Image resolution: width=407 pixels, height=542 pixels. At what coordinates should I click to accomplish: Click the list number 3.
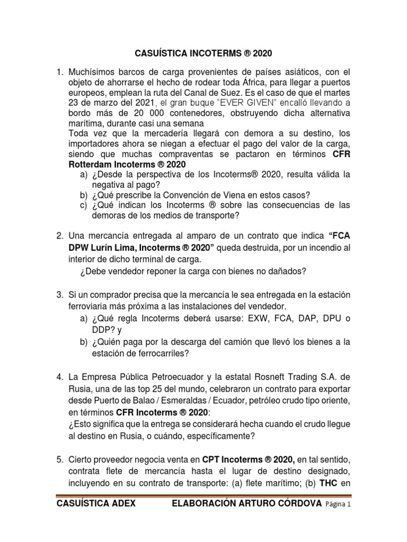(x=59, y=294)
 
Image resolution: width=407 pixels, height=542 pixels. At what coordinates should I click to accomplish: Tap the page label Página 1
(x=334, y=505)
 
